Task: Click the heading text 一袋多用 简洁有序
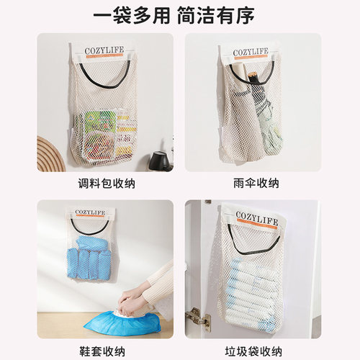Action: (x=180, y=15)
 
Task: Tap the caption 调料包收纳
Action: (x=105, y=184)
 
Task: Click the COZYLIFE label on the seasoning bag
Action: (x=105, y=50)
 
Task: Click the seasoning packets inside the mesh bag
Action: (x=105, y=133)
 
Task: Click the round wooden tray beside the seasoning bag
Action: (x=50, y=155)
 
